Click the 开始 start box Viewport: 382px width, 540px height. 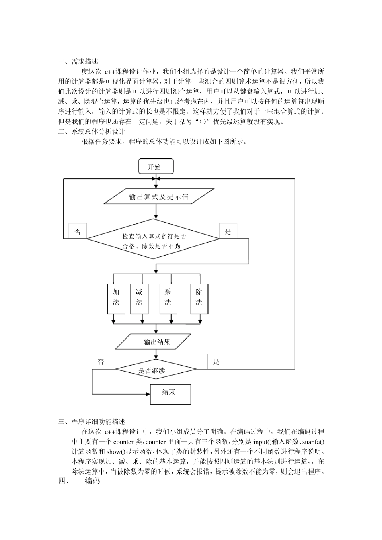[x=156, y=167]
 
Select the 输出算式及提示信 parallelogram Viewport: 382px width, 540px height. [x=158, y=197]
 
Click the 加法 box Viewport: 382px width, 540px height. [x=116, y=299]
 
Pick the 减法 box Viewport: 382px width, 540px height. [x=139, y=299]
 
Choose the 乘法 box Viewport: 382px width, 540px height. [x=168, y=299]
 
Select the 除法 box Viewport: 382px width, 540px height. [x=199, y=299]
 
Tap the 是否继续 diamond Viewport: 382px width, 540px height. [x=155, y=370]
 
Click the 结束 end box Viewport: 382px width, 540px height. [x=170, y=394]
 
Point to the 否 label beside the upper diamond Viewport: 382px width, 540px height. [x=78, y=231]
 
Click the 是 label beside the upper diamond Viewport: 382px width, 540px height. [x=228, y=231]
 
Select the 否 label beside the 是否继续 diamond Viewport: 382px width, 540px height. [x=101, y=362]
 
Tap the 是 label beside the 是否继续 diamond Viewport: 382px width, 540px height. [x=216, y=362]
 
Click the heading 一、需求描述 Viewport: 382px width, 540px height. [x=78, y=61]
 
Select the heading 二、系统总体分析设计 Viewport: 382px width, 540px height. [x=92, y=131]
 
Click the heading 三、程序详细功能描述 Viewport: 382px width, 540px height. [x=92, y=421]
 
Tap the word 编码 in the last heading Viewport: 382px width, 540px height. [x=92, y=481]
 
